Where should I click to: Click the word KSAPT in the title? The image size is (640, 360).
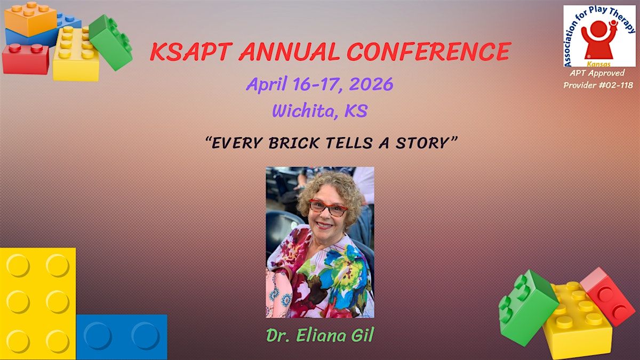point(190,52)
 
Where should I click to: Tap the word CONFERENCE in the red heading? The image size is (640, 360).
point(429,52)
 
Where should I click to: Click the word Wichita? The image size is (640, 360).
point(303,111)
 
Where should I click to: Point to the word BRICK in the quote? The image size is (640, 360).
point(294,143)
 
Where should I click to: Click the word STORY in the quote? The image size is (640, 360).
point(422,143)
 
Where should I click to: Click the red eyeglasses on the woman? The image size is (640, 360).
point(327,207)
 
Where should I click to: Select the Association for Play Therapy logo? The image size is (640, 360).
point(599,36)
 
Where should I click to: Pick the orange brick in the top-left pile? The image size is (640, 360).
point(30,19)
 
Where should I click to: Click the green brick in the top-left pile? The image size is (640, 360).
point(110,42)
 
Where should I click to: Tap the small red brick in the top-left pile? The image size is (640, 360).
point(26,59)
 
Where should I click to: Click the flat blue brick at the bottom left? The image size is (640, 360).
point(122,337)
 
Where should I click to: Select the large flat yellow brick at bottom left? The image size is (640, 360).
point(38,303)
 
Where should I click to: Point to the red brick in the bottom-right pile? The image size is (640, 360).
point(607,297)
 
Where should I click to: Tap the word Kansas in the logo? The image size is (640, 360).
point(598,64)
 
